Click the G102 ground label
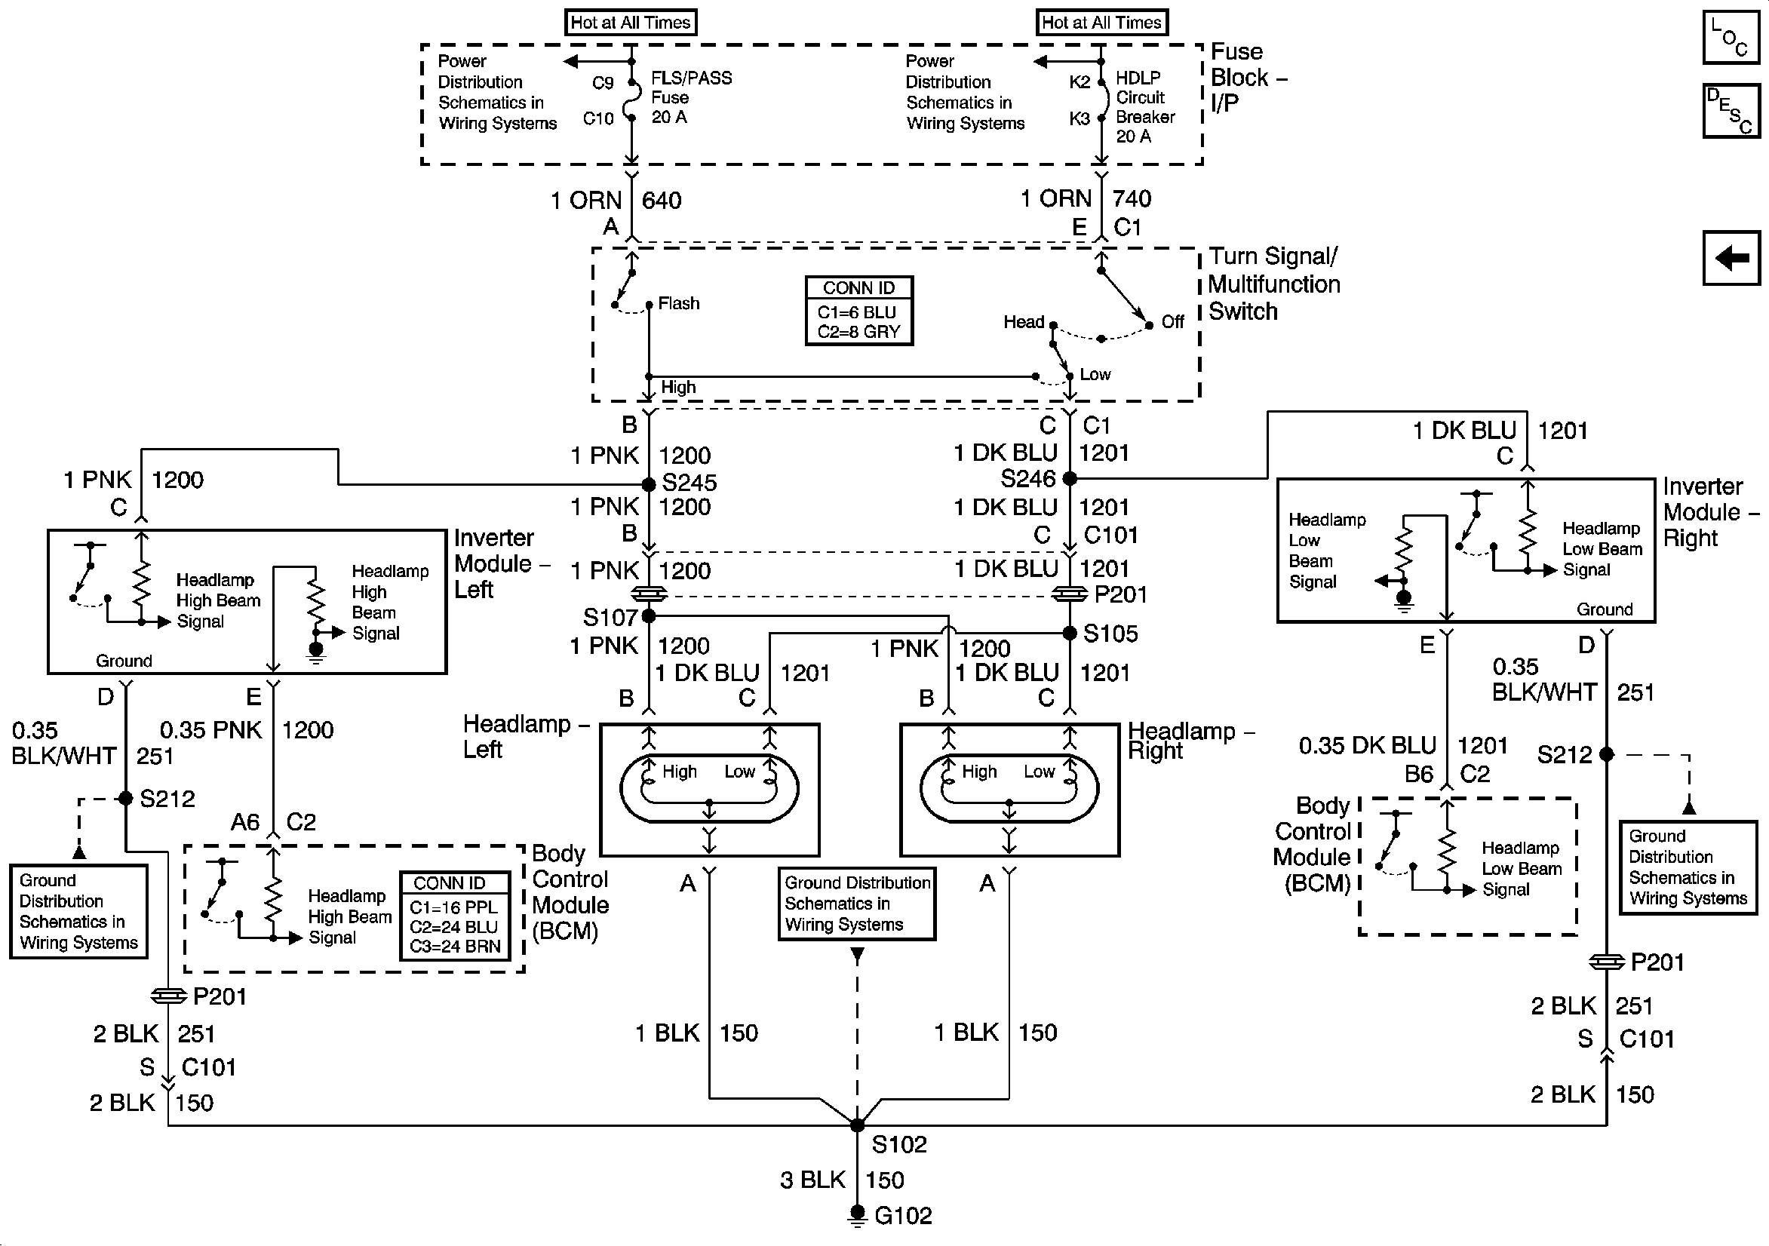902,1216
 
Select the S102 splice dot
857,1126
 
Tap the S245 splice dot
649,485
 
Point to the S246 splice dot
1070,478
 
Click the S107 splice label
610,617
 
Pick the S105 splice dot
1070,634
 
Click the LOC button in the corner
1731,37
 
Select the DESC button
1731,110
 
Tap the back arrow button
1731,257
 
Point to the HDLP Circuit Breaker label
1145,107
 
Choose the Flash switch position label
679,304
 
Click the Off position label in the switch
1172,322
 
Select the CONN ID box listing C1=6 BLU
859,311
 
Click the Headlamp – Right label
1190,741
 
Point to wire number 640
661,201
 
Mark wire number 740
1131,200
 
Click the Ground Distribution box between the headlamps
857,904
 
